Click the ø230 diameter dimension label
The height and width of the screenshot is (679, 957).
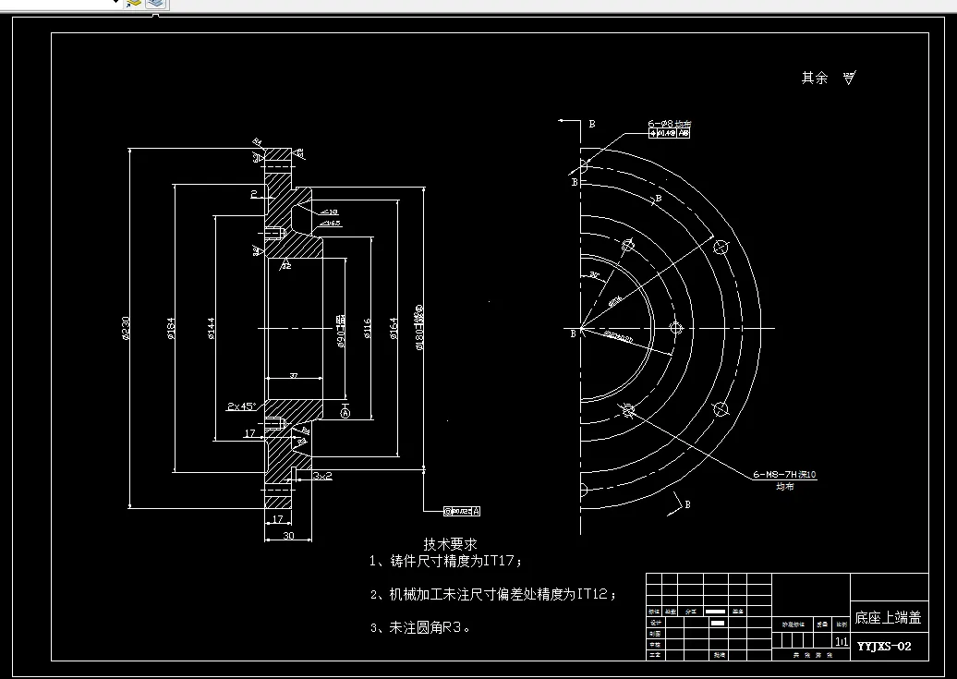pyautogui.click(x=126, y=328)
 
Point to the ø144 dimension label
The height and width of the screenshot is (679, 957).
pyautogui.click(x=212, y=328)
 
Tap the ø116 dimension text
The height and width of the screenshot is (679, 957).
pyautogui.click(x=368, y=328)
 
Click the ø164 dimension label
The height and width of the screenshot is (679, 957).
pyautogui.click(x=394, y=328)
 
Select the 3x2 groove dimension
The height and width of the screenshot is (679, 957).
pyautogui.click(x=322, y=475)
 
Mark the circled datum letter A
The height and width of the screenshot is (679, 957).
pyautogui.click(x=345, y=415)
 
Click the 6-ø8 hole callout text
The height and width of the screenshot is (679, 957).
pyautogui.click(x=669, y=123)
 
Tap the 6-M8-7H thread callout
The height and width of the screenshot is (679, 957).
pyautogui.click(x=783, y=475)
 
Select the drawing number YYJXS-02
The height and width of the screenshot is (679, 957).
pyautogui.click(x=884, y=646)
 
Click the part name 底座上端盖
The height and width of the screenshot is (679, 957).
pyautogui.click(x=887, y=618)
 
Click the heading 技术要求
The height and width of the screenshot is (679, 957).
pyautogui.click(x=450, y=544)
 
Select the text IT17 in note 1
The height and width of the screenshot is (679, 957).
pyautogui.click(x=500, y=561)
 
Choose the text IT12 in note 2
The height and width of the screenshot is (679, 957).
pyautogui.click(x=592, y=594)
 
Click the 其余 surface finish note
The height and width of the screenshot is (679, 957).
pyautogui.click(x=814, y=79)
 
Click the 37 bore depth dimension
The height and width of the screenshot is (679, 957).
pyautogui.click(x=293, y=376)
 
